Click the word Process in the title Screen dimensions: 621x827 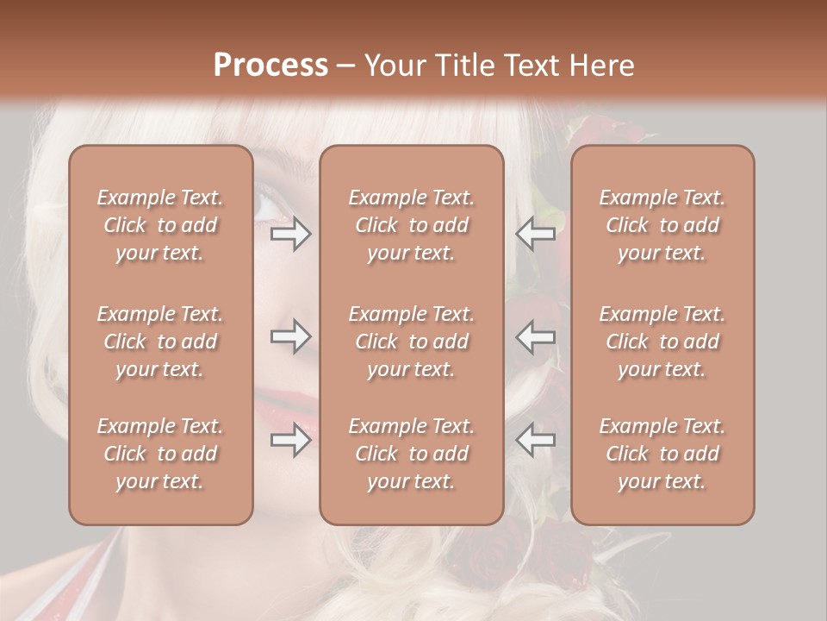[x=270, y=66]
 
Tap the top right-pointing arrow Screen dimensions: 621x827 [x=291, y=234]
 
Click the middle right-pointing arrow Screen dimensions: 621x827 [x=291, y=336]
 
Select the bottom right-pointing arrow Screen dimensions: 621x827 [x=291, y=440]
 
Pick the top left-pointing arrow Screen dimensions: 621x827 [x=536, y=234]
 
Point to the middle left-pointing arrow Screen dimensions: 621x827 [x=536, y=336]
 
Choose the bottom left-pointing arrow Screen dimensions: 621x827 [x=536, y=440]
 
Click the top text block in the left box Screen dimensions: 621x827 [x=160, y=225]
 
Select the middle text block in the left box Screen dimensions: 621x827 [x=160, y=342]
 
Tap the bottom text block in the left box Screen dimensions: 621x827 [x=160, y=454]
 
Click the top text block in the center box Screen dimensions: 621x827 [x=411, y=225]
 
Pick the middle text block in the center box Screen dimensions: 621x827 [x=411, y=342]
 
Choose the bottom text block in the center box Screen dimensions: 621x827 [x=411, y=454]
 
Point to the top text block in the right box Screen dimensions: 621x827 [x=662, y=225]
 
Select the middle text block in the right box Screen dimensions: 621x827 [x=662, y=342]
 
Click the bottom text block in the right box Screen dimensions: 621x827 [x=662, y=454]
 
